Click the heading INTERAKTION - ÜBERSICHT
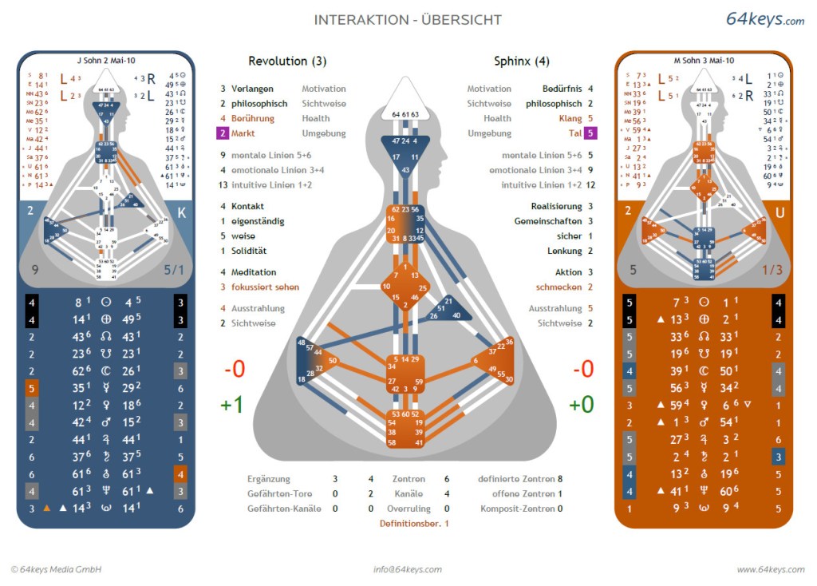tap(408, 20)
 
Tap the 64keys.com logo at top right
tap(764, 19)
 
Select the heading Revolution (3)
tap(287, 61)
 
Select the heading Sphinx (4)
tap(521, 61)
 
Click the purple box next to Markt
tap(223, 133)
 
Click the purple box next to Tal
tap(590, 133)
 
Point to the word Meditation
tap(254, 272)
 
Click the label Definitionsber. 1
tap(414, 523)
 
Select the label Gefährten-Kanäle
tap(284, 509)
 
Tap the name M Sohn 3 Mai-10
tap(705, 60)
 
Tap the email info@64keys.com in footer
tap(407, 569)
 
